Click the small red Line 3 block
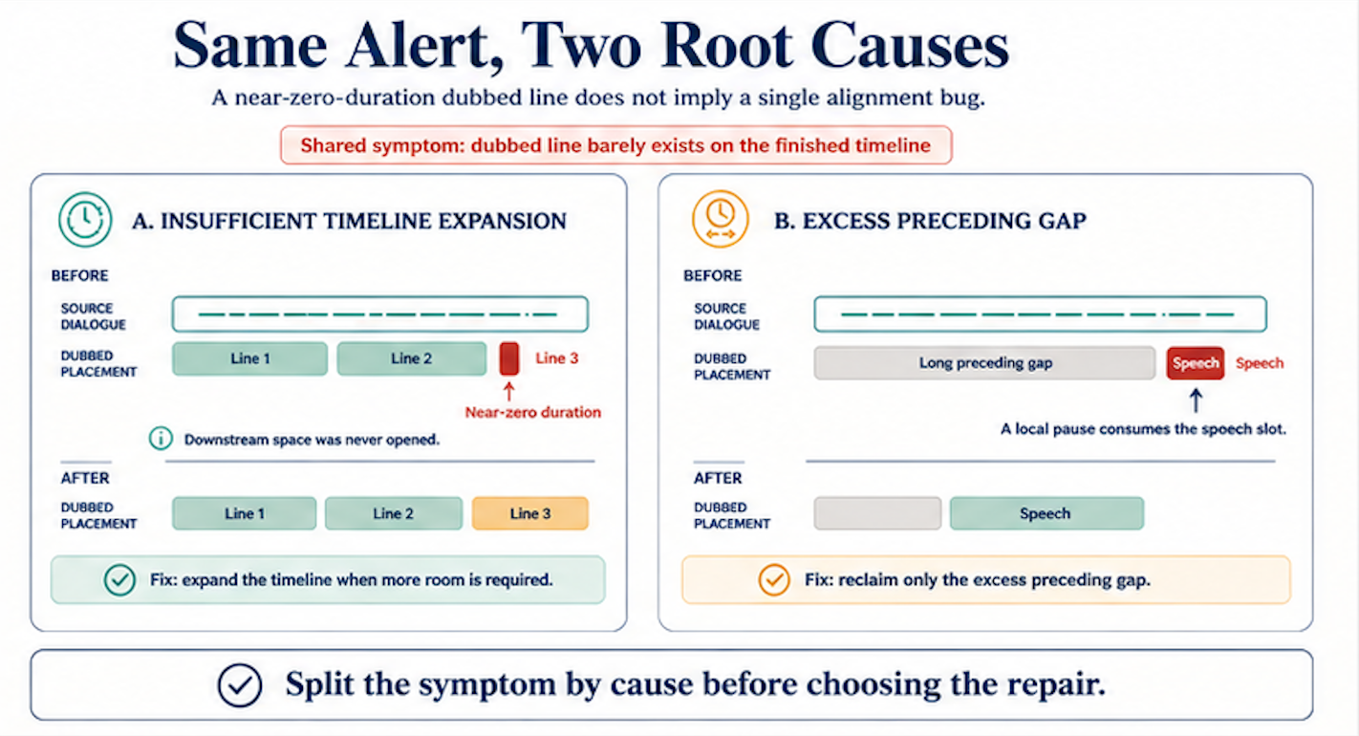click(x=509, y=358)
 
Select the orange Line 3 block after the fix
click(x=530, y=513)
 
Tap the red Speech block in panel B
click(x=1196, y=363)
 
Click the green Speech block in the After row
click(x=1046, y=513)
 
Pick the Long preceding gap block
click(x=984, y=363)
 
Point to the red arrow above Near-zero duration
click(x=509, y=391)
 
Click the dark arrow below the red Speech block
click(x=1196, y=400)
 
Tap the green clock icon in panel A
click(x=86, y=220)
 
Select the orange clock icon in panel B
click(x=721, y=219)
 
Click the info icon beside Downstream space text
click(x=161, y=438)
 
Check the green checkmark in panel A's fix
click(x=119, y=580)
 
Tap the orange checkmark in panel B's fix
click(x=774, y=580)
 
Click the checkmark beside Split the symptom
click(x=240, y=685)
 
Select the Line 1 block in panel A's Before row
click(x=250, y=358)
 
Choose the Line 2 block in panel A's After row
click(x=393, y=513)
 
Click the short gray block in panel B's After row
click(x=877, y=513)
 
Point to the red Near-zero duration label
click(x=532, y=413)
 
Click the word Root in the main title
click(x=727, y=46)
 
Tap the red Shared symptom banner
click(x=615, y=145)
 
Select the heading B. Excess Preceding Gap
click(x=930, y=221)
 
